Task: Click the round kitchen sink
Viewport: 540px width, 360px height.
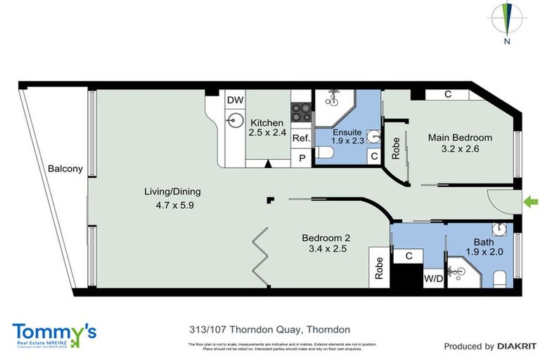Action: click(x=233, y=122)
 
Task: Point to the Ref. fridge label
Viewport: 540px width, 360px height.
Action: click(x=301, y=138)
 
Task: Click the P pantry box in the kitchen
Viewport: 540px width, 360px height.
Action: click(x=302, y=158)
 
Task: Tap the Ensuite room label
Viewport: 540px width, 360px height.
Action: click(x=347, y=131)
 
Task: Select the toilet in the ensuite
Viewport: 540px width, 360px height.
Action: click(x=326, y=154)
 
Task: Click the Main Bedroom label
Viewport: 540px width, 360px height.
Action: click(x=460, y=138)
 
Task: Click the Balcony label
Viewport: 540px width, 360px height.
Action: click(x=65, y=169)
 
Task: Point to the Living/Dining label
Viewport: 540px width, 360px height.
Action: click(x=154, y=191)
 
